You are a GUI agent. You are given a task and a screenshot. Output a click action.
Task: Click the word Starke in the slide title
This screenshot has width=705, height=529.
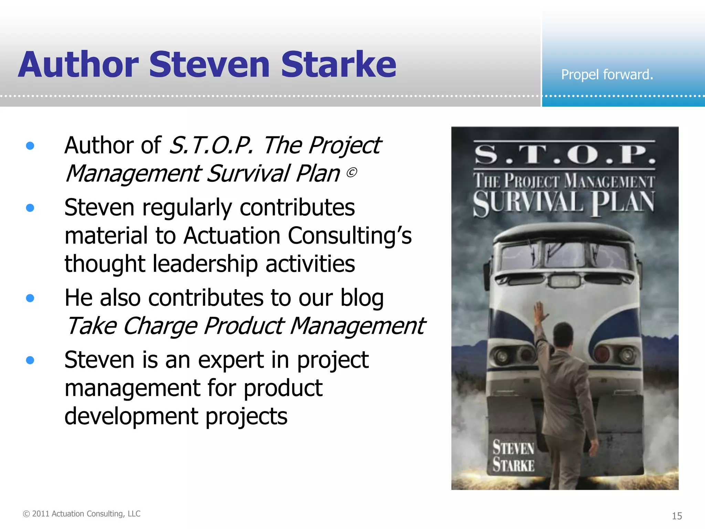(x=338, y=64)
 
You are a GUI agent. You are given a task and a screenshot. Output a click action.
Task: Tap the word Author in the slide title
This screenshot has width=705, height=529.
(x=78, y=64)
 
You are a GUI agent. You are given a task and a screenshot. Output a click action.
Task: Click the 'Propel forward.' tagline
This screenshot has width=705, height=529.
(x=607, y=74)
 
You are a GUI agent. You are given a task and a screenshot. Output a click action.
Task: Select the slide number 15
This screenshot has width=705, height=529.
(x=677, y=516)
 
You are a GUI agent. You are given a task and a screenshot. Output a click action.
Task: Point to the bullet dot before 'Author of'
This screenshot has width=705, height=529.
(x=30, y=146)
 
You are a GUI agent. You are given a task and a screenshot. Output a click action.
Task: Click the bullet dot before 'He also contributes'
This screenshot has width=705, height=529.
(x=30, y=298)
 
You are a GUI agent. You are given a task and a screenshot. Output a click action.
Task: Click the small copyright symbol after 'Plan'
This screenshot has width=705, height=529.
(x=351, y=172)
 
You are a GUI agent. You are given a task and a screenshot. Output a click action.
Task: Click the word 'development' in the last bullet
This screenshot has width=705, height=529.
(x=131, y=416)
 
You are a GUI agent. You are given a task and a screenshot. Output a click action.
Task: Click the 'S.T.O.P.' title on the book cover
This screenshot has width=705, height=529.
(x=565, y=155)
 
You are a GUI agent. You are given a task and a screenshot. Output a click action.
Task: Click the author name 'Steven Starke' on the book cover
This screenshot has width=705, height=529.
(x=513, y=457)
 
